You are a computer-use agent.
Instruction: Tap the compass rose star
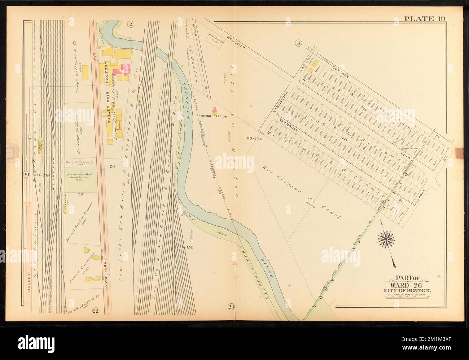[386, 239]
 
